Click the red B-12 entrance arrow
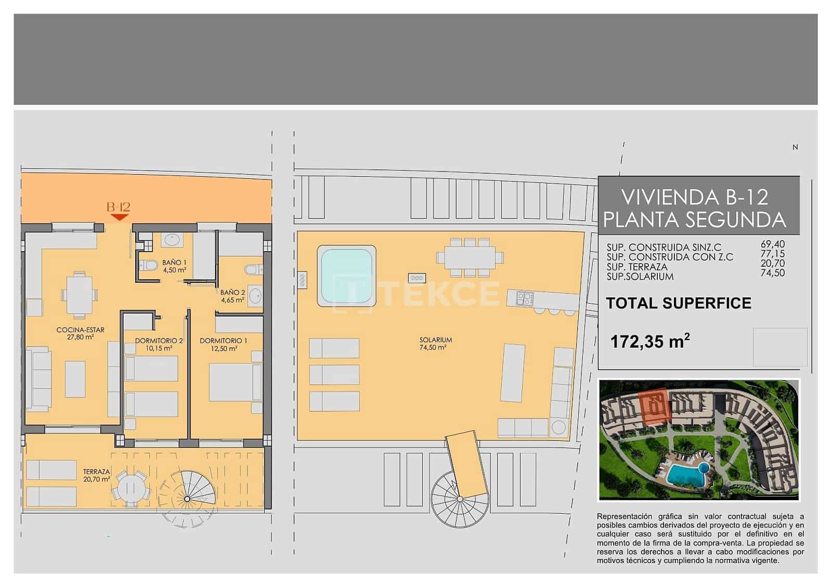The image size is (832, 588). coord(120,217)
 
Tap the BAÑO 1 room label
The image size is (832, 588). coord(174,266)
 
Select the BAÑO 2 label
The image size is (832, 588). coord(232,296)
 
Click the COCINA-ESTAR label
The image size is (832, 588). coord(80,333)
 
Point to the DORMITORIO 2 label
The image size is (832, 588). coord(159,344)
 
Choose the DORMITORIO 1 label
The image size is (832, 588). coord(224,344)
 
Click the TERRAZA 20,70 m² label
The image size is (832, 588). coord(96,475)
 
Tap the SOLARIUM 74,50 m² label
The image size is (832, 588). coord(436,344)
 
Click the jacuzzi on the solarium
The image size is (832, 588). coord(347,276)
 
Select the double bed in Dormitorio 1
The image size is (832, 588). coord(235,382)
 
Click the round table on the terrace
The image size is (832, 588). coord(133,488)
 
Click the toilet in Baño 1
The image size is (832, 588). coord(150,266)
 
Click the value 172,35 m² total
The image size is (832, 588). coord(650,342)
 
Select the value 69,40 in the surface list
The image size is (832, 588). coord(773,244)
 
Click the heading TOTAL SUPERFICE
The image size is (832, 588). coord(679,303)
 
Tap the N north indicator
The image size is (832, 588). coord(795,148)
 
